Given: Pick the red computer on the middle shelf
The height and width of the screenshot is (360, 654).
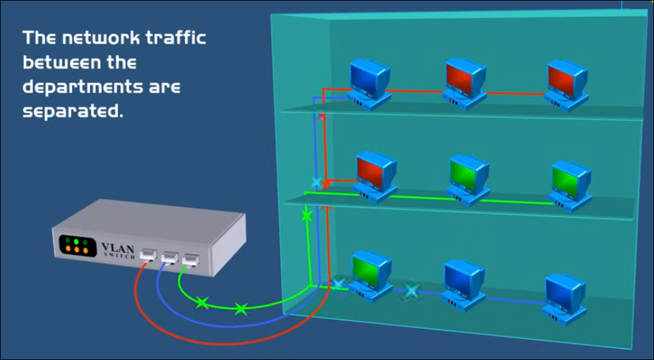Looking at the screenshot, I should (x=374, y=174).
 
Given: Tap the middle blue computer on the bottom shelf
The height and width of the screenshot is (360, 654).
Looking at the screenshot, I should (x=463, y=281).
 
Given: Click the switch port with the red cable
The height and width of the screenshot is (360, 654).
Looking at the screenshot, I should (x=148, y=255).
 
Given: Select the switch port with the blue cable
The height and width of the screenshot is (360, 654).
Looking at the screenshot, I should (x=169, y=258).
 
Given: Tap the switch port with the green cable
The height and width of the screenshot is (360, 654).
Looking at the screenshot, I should (x=190, y=262).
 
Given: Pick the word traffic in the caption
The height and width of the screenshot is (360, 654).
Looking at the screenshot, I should (x=176, y=38).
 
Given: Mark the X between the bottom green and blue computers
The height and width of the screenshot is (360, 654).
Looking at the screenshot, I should (x=411, y=290).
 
